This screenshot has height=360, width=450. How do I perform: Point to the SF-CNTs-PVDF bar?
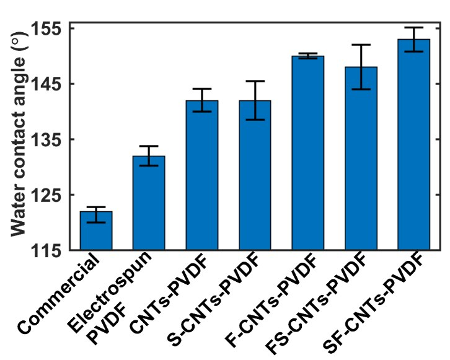pos(413,145)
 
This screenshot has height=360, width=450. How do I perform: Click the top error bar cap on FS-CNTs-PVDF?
pos(361,45)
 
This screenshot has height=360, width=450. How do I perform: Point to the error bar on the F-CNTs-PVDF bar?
pos(307,56)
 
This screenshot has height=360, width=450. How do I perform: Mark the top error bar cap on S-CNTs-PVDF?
pos(255,81)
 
